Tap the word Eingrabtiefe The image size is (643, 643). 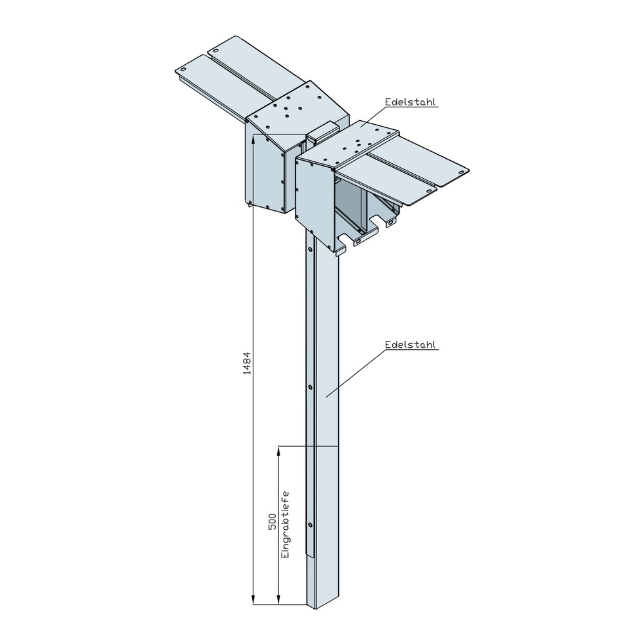[x=285, y=525]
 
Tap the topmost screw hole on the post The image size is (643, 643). [x=310, y=248]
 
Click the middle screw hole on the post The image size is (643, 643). [x=310, y=387]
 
